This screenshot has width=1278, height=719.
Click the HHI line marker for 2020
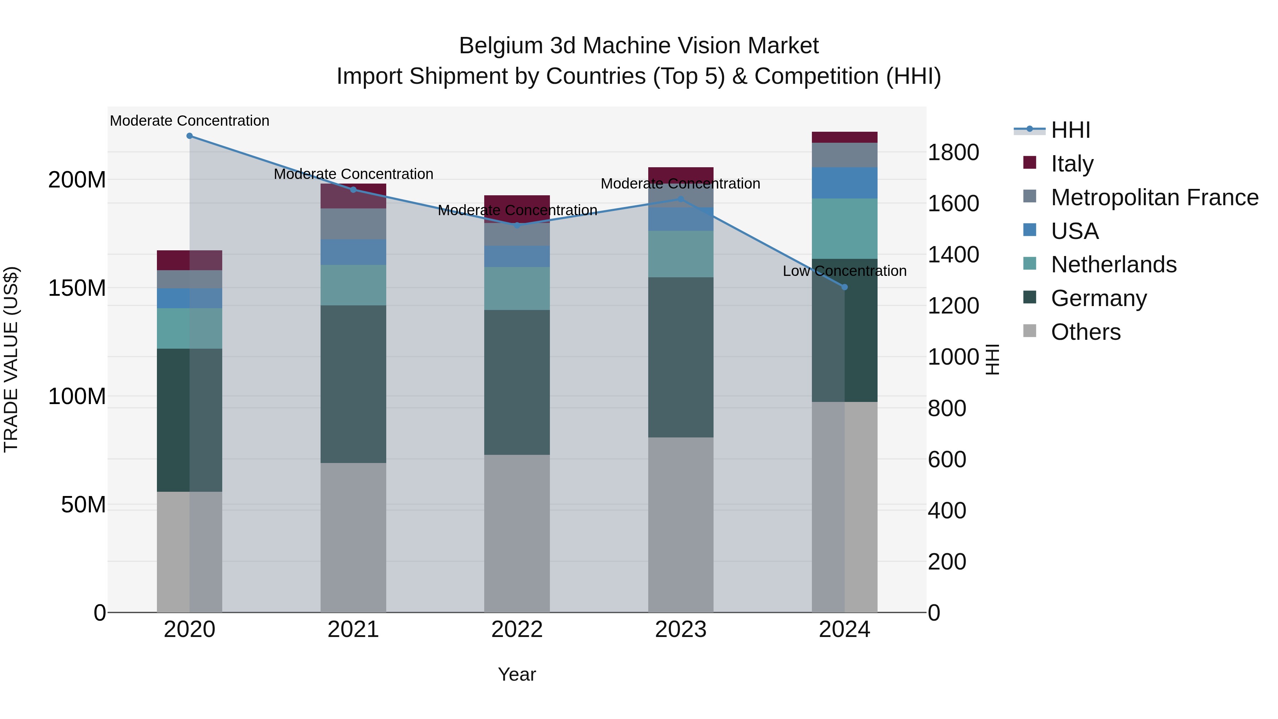click(x=190, y=136)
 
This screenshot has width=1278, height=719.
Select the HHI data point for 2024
click(x=845, y=287)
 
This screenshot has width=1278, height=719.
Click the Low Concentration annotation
click(x=845, y=271)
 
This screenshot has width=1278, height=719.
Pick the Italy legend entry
click(x=1072, y=163)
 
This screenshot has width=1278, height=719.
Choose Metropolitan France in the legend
click(x=1154, y=197)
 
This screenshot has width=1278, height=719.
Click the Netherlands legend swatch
click(x=1030, y=265)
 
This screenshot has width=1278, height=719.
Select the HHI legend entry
click(x=1070, y=130)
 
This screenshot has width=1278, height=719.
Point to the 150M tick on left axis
click(x=77, y=288)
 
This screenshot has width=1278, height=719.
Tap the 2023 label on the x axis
click(x=681, y=629)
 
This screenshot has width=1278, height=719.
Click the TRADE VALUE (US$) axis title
click(x=11, y=359)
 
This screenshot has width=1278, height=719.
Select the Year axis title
click(x=517, y=674)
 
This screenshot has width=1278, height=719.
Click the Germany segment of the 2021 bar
click(x=353, y=384)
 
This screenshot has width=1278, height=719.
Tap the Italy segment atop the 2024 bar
click(x=845, y=137)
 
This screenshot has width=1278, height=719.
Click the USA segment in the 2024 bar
click(x=845, y=183)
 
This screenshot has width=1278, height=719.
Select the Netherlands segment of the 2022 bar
click(x=517, y=288)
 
